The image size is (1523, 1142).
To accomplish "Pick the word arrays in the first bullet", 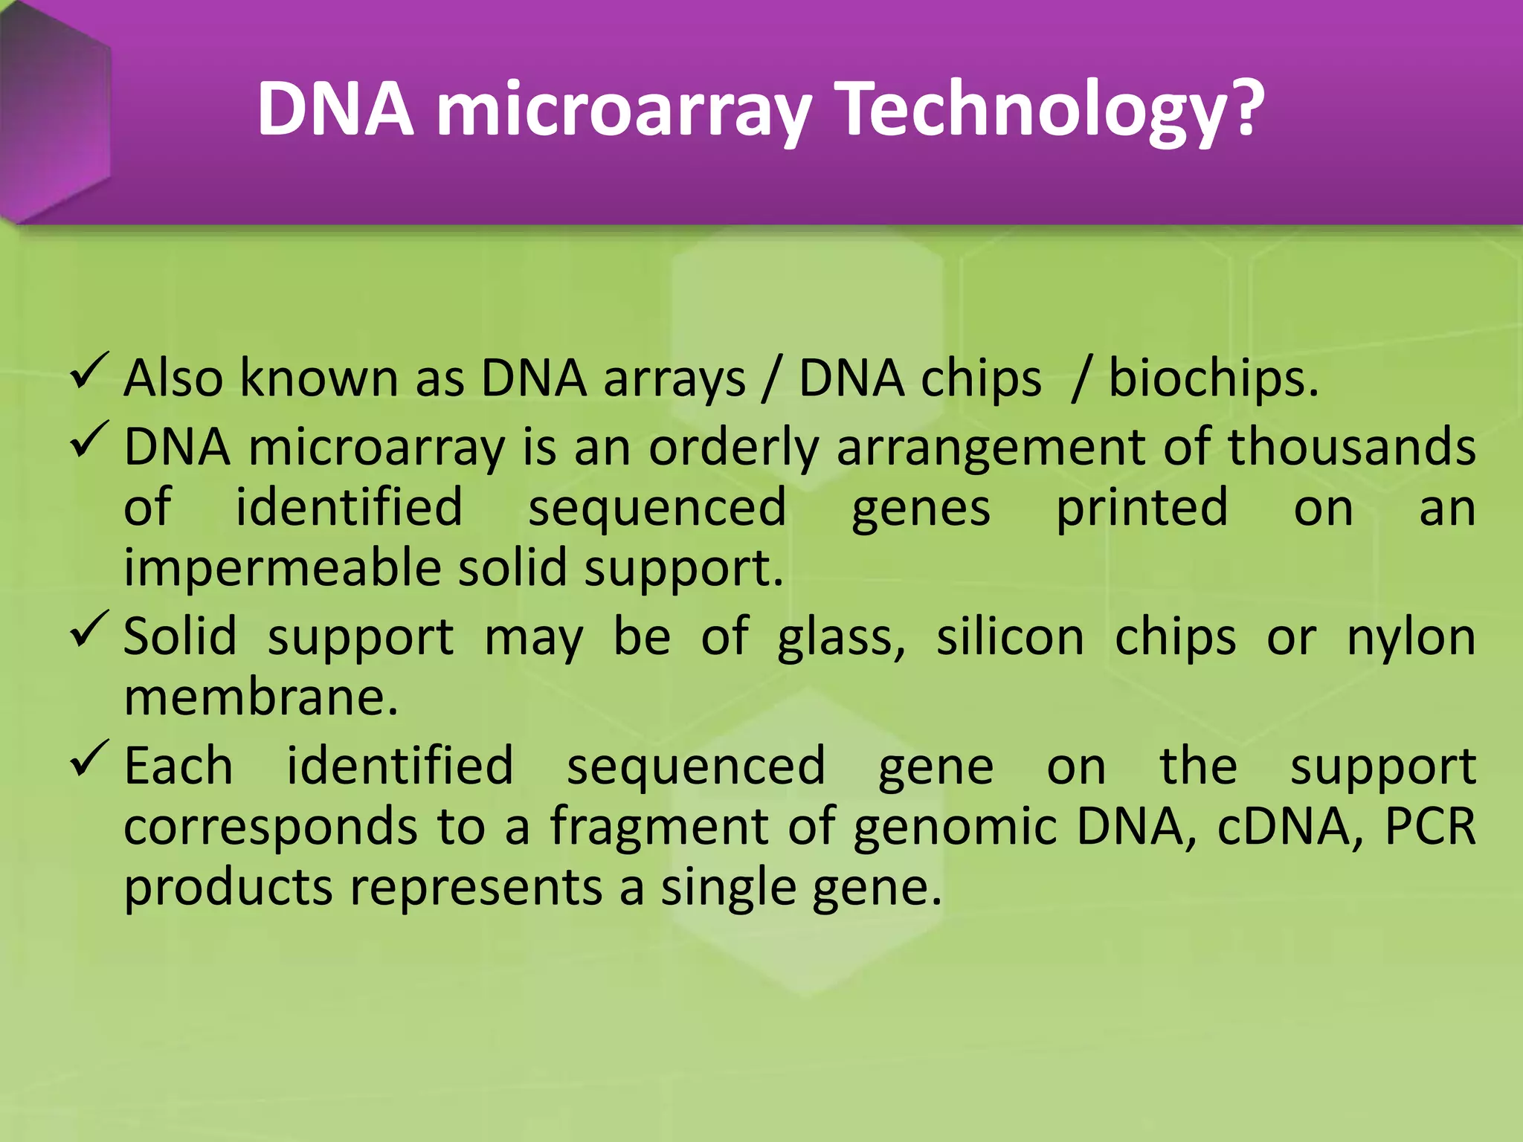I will point(674,379).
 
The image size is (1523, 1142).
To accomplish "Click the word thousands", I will point(1350,448).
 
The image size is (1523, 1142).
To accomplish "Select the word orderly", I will point(732,449).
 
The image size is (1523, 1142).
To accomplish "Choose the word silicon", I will point(1010,638).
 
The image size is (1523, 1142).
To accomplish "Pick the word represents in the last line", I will point(476,889).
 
